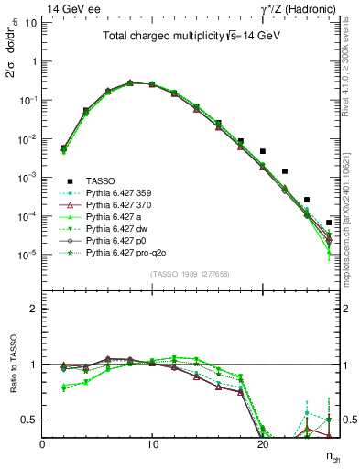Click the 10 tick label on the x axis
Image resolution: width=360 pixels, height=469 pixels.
[152, 444]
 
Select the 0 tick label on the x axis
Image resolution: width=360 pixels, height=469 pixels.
[42, 444]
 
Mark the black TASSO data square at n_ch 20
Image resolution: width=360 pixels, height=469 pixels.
[263, 151]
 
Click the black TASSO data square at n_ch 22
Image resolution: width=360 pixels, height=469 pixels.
[285, 171]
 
